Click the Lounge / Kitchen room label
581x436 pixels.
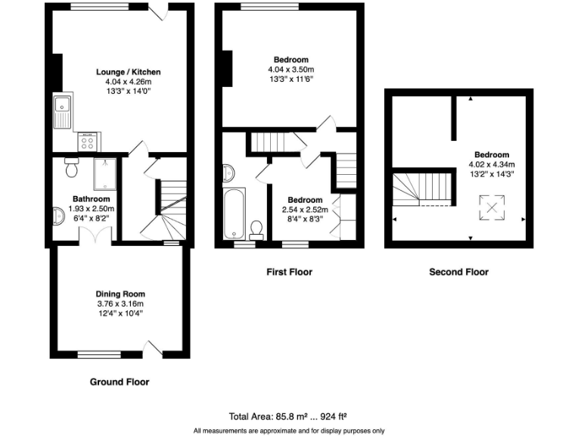point(128,72)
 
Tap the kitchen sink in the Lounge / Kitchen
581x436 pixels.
point(61,112)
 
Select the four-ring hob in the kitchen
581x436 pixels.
point(86,142)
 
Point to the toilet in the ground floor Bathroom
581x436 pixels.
point(72,168)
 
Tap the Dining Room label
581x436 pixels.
point(120,294)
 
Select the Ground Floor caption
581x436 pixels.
point(120,382)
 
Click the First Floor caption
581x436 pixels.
point(289,272)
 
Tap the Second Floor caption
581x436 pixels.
point(458,272)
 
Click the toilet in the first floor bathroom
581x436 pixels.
point(256,228)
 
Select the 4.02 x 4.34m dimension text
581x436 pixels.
point(492,163)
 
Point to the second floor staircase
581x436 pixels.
point(422,186)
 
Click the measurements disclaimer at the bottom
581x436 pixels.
point(290,430)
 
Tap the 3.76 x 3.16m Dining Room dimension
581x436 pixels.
point(120,303)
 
